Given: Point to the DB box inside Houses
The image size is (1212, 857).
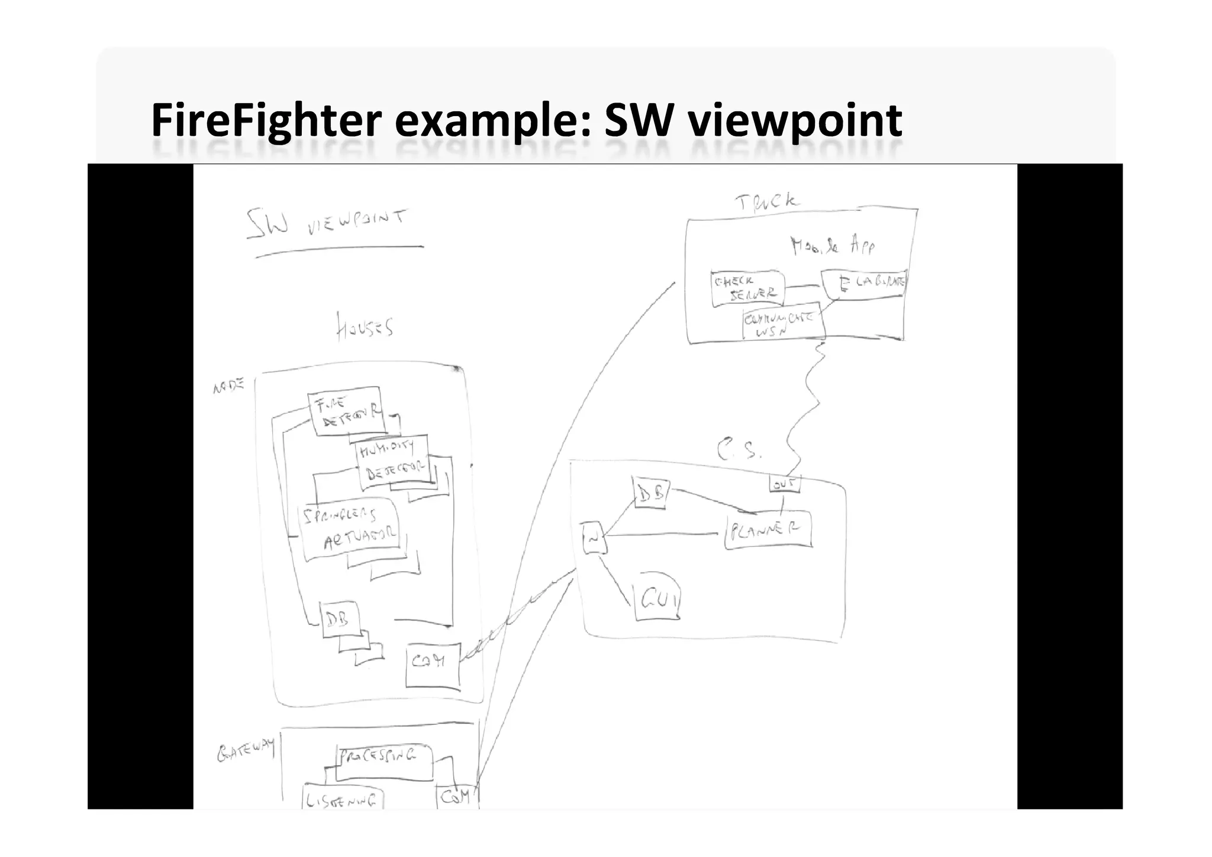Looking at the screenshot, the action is [339, 619].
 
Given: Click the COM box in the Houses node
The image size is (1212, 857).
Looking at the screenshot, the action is [433, 665].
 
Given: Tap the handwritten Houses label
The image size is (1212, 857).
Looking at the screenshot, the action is [365, 326].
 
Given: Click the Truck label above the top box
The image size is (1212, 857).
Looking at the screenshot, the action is [766, 203].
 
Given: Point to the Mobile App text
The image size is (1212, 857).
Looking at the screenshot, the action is [832, 246].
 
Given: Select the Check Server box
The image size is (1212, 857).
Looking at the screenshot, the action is [747, 288].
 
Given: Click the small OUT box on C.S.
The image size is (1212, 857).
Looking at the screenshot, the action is [784, 484].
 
